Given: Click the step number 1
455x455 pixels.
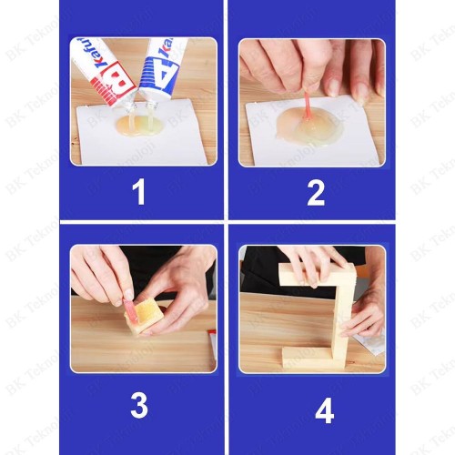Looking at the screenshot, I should [138, 193].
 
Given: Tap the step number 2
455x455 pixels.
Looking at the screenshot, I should [315, 193].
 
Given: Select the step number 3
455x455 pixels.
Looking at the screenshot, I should [138, 405].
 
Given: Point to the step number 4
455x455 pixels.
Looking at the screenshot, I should [323, 410].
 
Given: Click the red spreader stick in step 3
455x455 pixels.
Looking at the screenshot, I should [129, 308].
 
